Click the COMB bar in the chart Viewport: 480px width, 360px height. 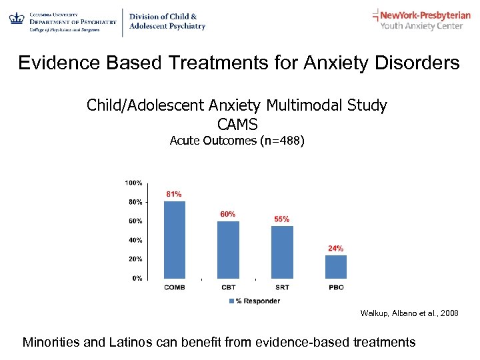174,239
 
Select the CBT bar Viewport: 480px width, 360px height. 228,249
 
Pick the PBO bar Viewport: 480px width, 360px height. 335,267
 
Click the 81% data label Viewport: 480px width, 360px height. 173,194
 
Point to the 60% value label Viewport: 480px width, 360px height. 227,214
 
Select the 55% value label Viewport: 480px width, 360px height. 282,219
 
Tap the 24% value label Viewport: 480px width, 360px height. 335,248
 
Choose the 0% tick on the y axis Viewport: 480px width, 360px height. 136,278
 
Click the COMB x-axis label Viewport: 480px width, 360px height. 174,287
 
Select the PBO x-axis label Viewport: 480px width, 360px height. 335,287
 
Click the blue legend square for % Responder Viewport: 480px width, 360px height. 231,301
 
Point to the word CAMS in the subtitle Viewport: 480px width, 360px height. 237,124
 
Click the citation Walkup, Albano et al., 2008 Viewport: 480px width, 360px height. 409,313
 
